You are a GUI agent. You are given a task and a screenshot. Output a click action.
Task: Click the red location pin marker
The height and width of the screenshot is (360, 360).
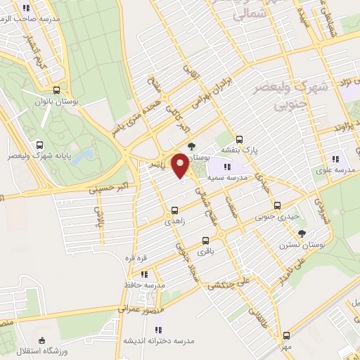tap(181, 165)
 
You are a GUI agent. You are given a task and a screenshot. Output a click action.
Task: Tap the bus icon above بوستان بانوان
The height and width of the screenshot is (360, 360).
tap(56, 90)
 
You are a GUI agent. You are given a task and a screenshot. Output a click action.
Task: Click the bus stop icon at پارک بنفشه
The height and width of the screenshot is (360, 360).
tap(240, 139)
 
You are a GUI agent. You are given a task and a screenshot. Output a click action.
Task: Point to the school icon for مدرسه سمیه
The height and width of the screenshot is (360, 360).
tap(227, 167)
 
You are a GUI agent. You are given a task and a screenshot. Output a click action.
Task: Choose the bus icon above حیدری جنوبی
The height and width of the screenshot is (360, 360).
tap(278, 206)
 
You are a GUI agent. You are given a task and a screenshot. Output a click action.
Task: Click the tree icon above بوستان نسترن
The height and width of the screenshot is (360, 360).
tap(302, 233)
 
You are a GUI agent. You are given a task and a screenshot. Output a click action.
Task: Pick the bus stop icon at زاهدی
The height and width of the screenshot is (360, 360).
tap(174, 210)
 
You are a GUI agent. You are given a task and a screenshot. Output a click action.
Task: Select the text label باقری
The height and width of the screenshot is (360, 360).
tap(204, 251)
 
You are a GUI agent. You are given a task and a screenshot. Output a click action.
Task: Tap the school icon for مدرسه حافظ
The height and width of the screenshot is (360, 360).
tap(144, 274)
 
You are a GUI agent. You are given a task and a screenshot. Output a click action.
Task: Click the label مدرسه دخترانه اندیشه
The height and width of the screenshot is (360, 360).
tap(160, 341)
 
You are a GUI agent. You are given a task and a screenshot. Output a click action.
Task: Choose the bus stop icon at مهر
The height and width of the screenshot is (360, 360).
tap(286, 335)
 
